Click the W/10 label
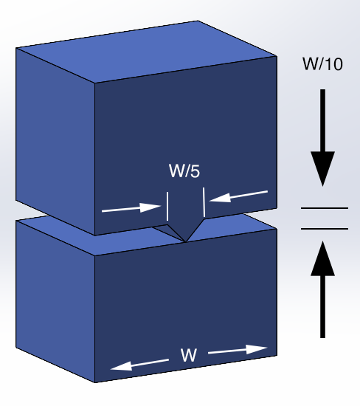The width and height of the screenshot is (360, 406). (x=322, y=64)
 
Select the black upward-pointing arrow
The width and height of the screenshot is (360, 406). (x=322, y=291)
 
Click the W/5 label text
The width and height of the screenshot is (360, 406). (x=184, y=173)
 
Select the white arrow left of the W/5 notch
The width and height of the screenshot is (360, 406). (x=131, y=209)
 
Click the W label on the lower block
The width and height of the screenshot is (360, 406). (x=188, y=356)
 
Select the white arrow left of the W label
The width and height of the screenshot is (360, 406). (x=138, y=364)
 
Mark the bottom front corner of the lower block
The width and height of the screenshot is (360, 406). (x=96, y=382)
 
